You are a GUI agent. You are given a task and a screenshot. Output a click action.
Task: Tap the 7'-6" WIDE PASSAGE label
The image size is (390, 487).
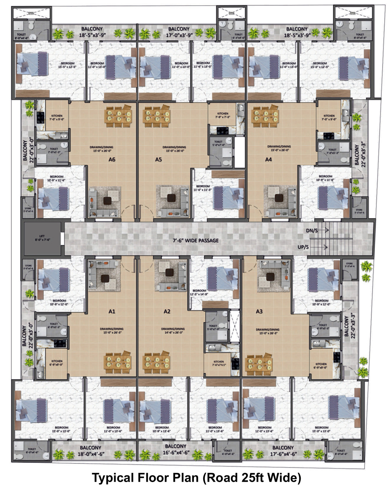[x=196, y=240]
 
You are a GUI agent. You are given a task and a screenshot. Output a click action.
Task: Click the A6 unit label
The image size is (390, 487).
[x=112, y=160]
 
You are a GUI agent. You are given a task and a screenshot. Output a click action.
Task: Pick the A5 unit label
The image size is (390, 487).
[x=158, y=160]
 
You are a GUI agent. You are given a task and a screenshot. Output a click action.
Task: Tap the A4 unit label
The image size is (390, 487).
[x=268, y=160]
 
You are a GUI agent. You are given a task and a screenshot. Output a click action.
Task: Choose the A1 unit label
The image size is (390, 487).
[x=112, y=311]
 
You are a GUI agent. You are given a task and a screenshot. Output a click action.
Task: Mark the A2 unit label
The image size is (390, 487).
[x=167, y=311]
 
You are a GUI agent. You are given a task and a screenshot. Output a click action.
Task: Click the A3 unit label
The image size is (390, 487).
[x=259, y=311]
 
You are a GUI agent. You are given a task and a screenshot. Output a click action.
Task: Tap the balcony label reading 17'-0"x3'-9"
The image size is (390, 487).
[x=179, y=32]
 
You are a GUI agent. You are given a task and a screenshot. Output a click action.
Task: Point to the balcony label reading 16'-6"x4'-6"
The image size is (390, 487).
[x=176, y=449]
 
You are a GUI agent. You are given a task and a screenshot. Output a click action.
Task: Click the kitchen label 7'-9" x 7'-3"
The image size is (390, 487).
[x=223, y=115]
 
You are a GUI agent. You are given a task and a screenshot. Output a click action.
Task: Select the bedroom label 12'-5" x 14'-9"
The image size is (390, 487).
[x=199, y=292]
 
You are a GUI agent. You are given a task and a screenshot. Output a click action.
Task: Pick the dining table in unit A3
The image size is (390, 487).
[x=260, y=363]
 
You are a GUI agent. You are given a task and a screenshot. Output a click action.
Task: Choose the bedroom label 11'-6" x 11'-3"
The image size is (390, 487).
[x=203, y=188]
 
